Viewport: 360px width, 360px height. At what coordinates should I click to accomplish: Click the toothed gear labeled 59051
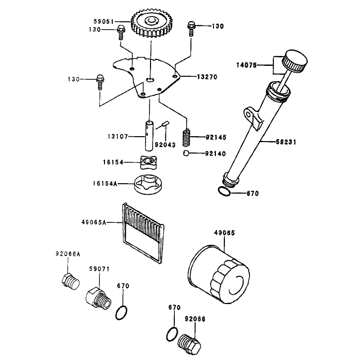click(x=152, y=23)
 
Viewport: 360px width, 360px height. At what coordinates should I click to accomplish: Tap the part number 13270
click(x=207, y=77)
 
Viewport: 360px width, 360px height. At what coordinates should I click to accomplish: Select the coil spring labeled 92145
click(x=186, y=137)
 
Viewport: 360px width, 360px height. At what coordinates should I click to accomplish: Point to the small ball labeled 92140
click(x=186, y=153)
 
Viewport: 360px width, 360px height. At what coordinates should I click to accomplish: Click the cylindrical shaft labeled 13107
click(x=149, y=136)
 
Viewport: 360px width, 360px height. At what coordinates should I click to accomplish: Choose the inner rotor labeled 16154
click(x=149, y=162)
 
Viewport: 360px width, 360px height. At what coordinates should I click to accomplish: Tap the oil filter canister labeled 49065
click(x=219, y=274)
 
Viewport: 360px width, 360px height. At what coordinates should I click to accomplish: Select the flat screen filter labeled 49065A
click(x=143, y=233)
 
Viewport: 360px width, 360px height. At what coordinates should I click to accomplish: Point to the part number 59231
click(x=286, y=142)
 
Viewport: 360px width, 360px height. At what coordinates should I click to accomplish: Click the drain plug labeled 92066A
click(x=70, y=281)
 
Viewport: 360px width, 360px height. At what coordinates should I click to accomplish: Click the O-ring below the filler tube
click(x=224, y=192)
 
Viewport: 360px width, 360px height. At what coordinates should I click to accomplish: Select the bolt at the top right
click(x=191, y=28)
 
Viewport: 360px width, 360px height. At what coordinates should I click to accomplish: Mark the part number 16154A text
click(x=105, y=184)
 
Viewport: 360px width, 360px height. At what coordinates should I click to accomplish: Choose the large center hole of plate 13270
click(x=151, y=80)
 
